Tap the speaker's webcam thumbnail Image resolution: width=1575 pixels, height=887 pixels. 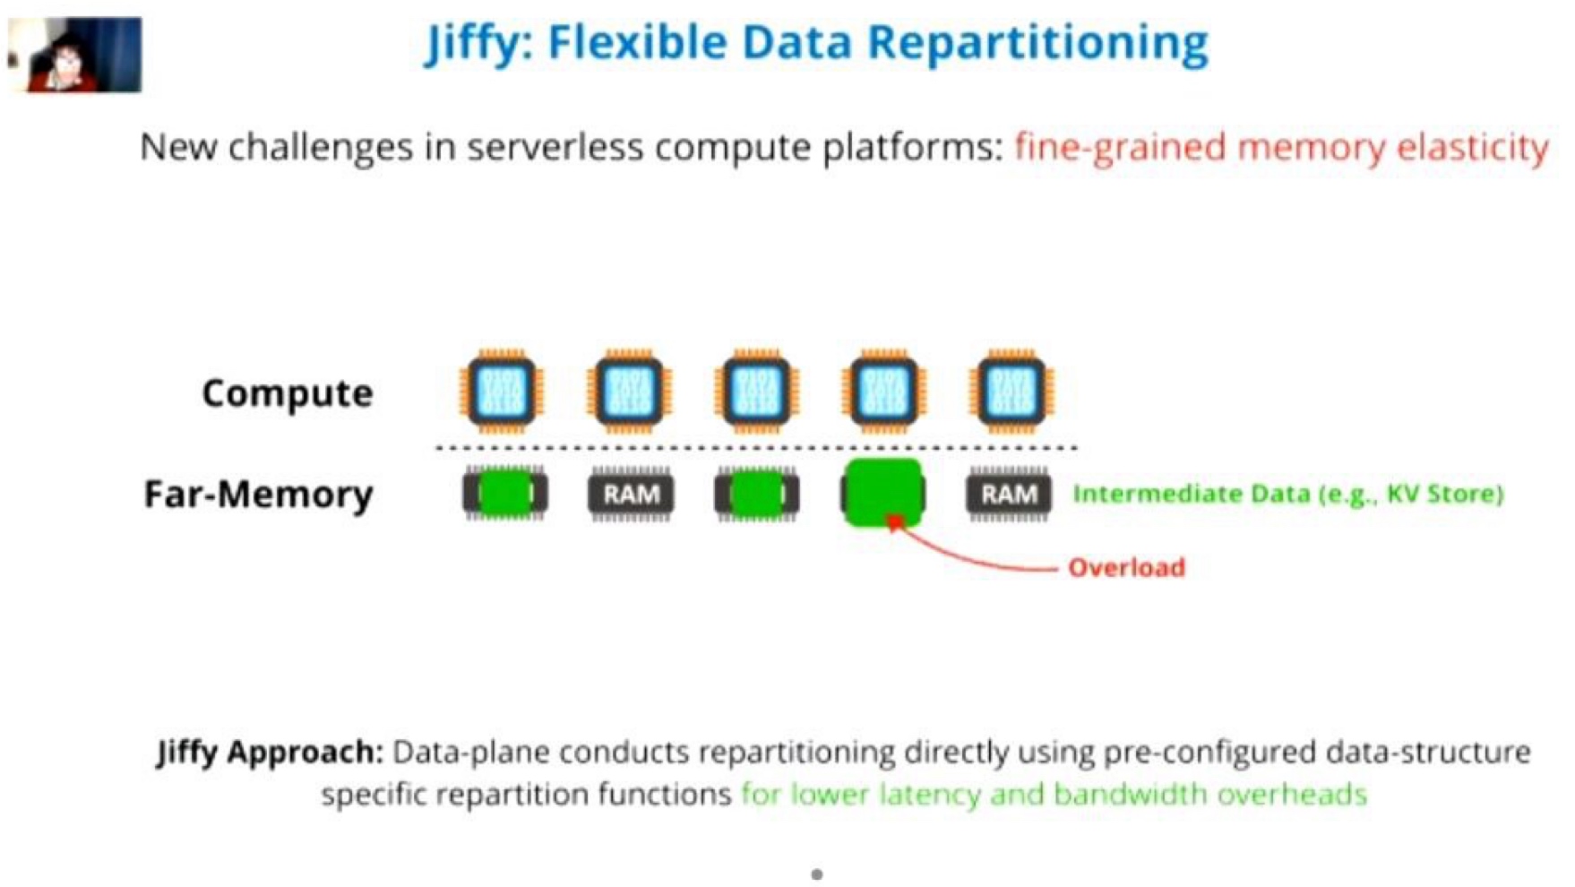coord(74,54)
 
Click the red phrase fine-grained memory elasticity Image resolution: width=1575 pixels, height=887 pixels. coord(1281,147)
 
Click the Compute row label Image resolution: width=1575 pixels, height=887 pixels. coord(287,392)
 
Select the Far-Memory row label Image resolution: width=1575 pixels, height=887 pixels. coord(258,494)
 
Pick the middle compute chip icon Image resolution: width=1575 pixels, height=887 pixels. coord(756,392)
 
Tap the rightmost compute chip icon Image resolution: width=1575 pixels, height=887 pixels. coord(1011,392)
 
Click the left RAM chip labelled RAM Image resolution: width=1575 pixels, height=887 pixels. coord(631,494)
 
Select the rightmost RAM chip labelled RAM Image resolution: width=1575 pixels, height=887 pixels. coord(1009,494)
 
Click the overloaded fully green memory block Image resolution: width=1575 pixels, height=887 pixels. coord(883,493)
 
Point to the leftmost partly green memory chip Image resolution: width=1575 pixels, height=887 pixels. coord(504,494)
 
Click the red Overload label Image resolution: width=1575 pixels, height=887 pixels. coord(1126,567)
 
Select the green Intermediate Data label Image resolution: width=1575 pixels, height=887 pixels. coord(1287,494)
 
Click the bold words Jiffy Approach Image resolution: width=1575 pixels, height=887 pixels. coord(270,752)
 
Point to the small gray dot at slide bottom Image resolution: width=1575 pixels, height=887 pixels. coord(816,874)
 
